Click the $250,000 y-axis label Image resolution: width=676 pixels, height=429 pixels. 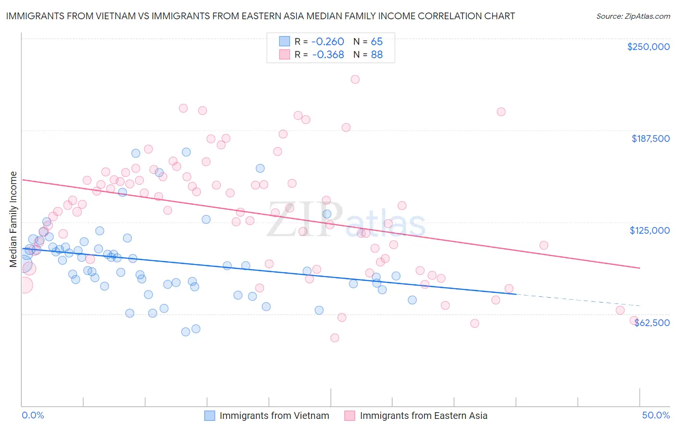pyautogui.click(x=648, y=47)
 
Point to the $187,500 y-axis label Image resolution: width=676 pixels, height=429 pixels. pyautogui.click(x=650, y=139)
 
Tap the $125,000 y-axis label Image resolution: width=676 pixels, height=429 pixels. pyautogui.click(x=650, y=230)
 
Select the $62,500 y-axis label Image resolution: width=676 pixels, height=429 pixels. pyautogui.click(x=652, y=323)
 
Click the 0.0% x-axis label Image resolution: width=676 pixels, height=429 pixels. pyautogui.click(x=33, y=415)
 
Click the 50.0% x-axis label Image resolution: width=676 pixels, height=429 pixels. pyautogui.click(x=656, y=415)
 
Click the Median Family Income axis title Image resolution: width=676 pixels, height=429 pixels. pyautogui.click(x=13, y=219)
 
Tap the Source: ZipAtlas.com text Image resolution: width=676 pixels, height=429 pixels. pyautogui.click(x=633, y=16)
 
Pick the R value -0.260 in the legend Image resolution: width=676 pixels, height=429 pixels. pyautogui.click(x=328, y=41)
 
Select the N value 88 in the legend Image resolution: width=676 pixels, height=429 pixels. pyautogui.click(x=376, y=54)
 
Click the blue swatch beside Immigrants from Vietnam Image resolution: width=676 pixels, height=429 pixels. pyautogui.click(x=210, y=416)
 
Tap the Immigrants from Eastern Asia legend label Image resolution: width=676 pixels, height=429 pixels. pyautogui.click(x=423, y=416)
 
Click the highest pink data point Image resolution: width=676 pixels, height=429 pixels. pyautogui.click(x=355, y=79)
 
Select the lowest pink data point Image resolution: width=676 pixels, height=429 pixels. pyautogui.click(x=335, y=338)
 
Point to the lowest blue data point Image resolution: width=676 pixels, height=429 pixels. pyautogui.click(x=186, y=331)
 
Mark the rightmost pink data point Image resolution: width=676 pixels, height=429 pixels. pyautogui.click(x=634, y=320)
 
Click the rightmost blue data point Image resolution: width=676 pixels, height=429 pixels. pyautogui.click(x=412, y=300)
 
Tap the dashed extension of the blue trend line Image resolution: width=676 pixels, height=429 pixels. pyautogui.click(x=577, y=300)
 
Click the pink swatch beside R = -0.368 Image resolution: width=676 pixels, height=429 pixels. pyautogui.click(x=284, y=54)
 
